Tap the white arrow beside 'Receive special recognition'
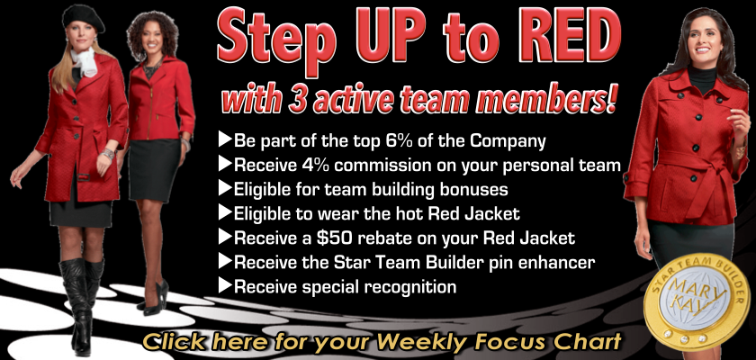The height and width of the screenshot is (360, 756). [x=225, y=285]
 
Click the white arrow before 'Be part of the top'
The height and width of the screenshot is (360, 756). [x=225, y=140]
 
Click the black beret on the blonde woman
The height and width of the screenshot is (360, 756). [x=83, y=17]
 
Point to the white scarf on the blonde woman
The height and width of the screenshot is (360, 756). [x=85, y=61]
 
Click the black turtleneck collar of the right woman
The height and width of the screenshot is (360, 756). [x=701, y=79]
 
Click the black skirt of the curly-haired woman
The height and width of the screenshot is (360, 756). [x=154, y=169]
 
